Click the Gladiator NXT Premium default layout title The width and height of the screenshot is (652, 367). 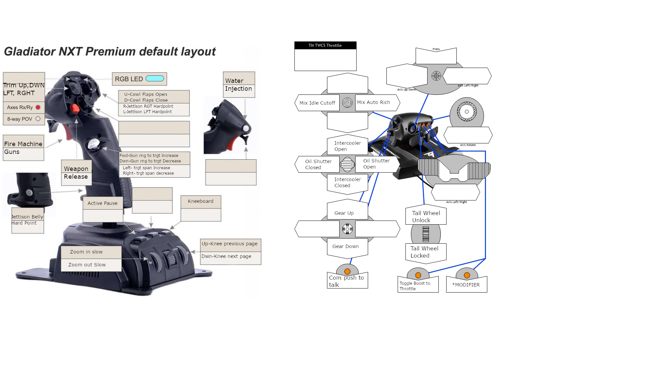point(110,52)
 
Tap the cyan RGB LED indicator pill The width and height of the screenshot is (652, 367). point(155,78)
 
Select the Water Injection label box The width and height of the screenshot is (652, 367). point(239,85)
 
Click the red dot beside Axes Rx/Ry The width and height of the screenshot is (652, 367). point(38,107)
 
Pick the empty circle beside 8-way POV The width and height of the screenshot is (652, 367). point(38,119)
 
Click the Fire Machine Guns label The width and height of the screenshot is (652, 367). point(23,148)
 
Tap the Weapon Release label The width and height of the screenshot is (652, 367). point(76,173)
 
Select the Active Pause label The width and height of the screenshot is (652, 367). point(103,203)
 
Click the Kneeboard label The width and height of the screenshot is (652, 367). point(201,201)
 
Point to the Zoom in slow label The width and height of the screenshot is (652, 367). point(86,252)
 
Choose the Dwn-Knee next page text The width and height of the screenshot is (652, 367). point(227,256)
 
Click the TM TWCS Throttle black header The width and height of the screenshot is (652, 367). point(325,45)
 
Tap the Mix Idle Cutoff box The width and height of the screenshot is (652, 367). point(317,103)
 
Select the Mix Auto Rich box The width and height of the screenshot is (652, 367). point(374,102)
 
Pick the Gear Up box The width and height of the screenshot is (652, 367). point(344,213)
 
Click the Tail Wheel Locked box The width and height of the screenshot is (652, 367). point(424,252)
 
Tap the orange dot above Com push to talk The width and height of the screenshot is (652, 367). point(347,272)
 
